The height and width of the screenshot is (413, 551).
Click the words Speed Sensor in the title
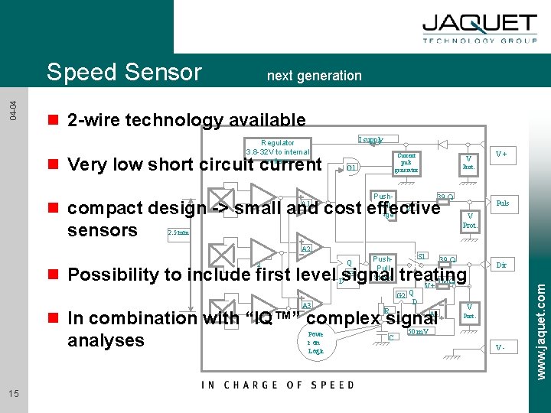point(124,72)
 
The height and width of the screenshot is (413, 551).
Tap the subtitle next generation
point(314,75)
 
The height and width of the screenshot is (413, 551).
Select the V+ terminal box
point(501,154)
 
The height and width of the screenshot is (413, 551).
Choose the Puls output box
point(502,203)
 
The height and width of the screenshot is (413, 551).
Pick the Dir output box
point(502,265)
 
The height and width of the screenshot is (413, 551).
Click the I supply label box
point(372,140)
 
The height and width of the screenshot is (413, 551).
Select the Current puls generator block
point(406,163)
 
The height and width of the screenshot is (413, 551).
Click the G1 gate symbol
point(352,167)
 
